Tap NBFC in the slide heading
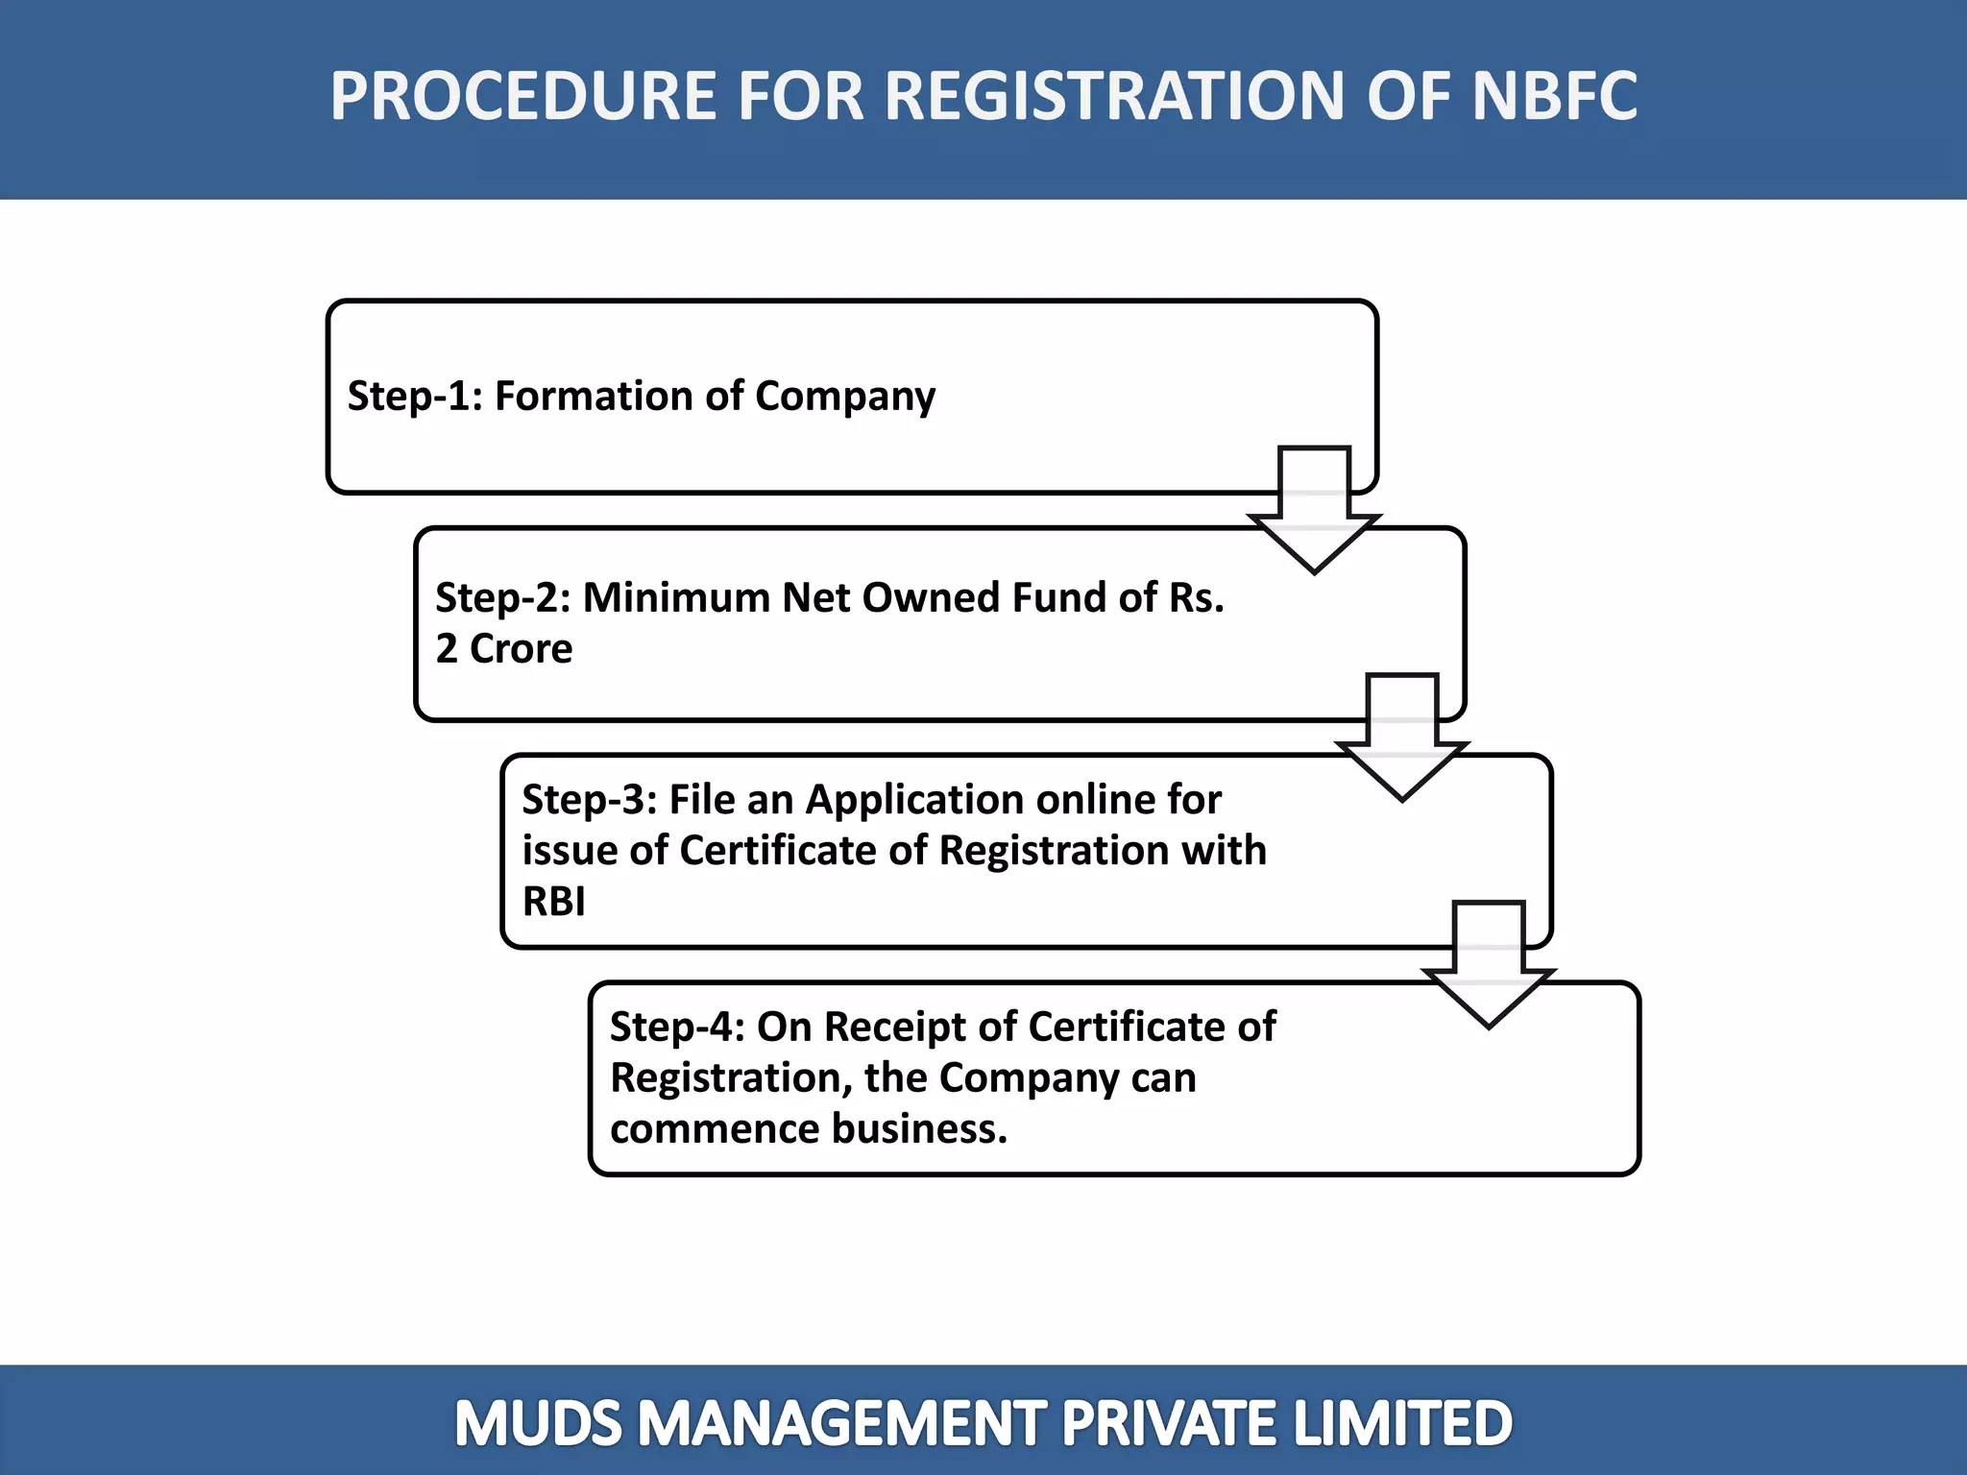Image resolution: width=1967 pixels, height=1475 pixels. pos(1554,96)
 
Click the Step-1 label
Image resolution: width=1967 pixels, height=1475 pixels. pos(414,397)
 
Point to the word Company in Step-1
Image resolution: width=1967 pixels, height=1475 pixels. pos(845,397)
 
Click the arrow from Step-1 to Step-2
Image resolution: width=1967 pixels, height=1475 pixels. pos(1314,511)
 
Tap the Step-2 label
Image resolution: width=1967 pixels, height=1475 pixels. pos(502,597)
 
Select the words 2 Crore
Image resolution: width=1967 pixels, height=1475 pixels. pos(504,649)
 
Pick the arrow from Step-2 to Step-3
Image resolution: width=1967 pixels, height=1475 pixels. pos(1401,737)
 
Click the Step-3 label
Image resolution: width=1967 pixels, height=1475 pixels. pos(589,799)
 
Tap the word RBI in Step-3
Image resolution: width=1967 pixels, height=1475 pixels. pos(553,902)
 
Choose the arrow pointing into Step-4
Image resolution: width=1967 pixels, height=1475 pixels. pos(1489,965)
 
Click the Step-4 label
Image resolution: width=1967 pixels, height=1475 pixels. pos(677,1027)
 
